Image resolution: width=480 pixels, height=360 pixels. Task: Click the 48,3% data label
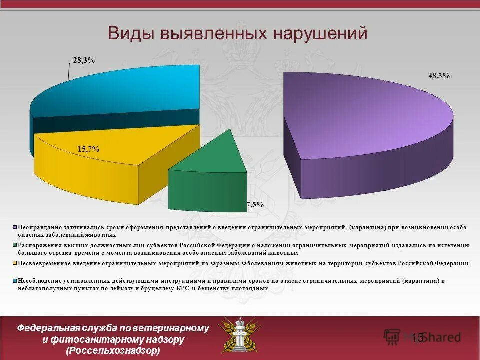tap(439, 76)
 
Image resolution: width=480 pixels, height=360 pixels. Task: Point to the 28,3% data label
tap(84, 60)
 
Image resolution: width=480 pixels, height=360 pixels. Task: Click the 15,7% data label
tap(88, 149)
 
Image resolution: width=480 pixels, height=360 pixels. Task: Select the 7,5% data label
tap(255, 205)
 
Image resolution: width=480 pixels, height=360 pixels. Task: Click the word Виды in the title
tap(131, 33)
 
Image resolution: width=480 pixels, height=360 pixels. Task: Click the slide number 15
tap(418, 338)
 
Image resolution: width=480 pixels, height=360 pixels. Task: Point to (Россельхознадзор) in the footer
tap(113, 351)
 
